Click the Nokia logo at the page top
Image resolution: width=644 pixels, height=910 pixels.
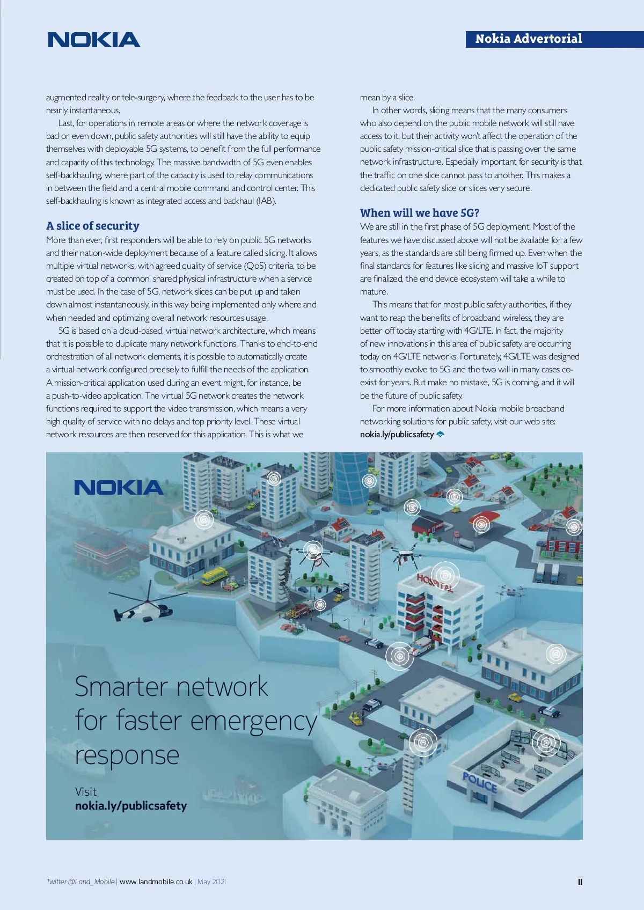click(x=94, y=40)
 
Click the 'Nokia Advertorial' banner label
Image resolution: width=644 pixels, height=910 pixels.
click(x=528, y=39)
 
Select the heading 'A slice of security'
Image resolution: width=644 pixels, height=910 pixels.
click(x=92, y=226)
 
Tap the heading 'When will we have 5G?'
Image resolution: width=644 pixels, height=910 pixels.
click(x=419, y=213)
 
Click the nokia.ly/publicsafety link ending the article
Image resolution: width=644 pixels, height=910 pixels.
click(x=397, y=435)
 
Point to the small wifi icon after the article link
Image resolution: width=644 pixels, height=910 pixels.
click(x=441, y=435)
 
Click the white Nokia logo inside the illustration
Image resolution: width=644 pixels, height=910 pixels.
click(x=119, y=488)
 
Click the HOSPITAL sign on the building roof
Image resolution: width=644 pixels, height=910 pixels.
click(x=435, y=581)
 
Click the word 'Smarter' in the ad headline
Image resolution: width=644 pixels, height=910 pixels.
click(x=121, y=687)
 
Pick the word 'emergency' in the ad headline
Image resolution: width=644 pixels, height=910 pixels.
click(x=253, y=722)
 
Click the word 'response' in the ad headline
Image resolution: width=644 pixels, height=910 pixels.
click(x=127, y=755)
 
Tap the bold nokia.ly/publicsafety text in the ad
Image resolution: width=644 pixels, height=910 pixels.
click(x=131, y=806)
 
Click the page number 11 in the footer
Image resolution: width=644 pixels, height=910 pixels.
click(x=580, y=882)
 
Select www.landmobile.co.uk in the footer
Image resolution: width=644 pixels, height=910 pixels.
click(x=156, y=882)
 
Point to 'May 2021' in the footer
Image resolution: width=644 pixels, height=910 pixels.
click(x=211, y=882)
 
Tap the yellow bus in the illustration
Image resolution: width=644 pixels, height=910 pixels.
click(x=214, y=576)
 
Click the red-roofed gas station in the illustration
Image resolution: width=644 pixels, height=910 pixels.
click(x=484, y=519)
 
